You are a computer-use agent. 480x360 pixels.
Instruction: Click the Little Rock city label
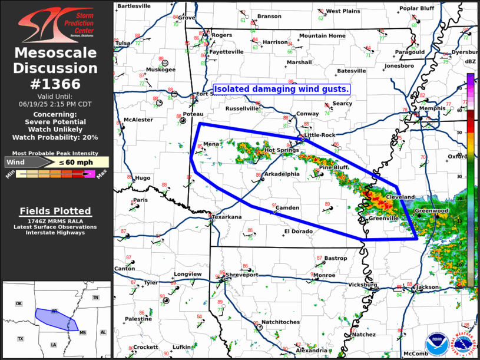click(x=320, y=135)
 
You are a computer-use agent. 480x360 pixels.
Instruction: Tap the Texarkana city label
click(x=227, y=217)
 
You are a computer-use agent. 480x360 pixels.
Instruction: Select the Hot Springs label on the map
click(x=278, y=150)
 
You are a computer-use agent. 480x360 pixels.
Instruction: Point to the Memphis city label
click(x=433, y=109)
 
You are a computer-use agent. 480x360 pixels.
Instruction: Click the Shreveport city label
click(x=241, y=275)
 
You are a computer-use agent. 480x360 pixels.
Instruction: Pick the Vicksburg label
click(x=362, y=285)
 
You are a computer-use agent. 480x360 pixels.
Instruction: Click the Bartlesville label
click(x=134, y=6)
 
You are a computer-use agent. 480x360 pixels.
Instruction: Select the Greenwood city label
click(x=431, y=210)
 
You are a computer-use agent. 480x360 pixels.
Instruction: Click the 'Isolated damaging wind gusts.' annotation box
click(x=282, y=89)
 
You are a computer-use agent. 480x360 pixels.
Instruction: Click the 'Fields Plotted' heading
click(x=55, y=211)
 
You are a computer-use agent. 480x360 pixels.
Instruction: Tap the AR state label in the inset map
click(x=54, y=311)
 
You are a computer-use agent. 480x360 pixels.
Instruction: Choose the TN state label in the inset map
click(x=95, y=298)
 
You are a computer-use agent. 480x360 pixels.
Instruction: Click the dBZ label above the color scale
click(x=471, y=61)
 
